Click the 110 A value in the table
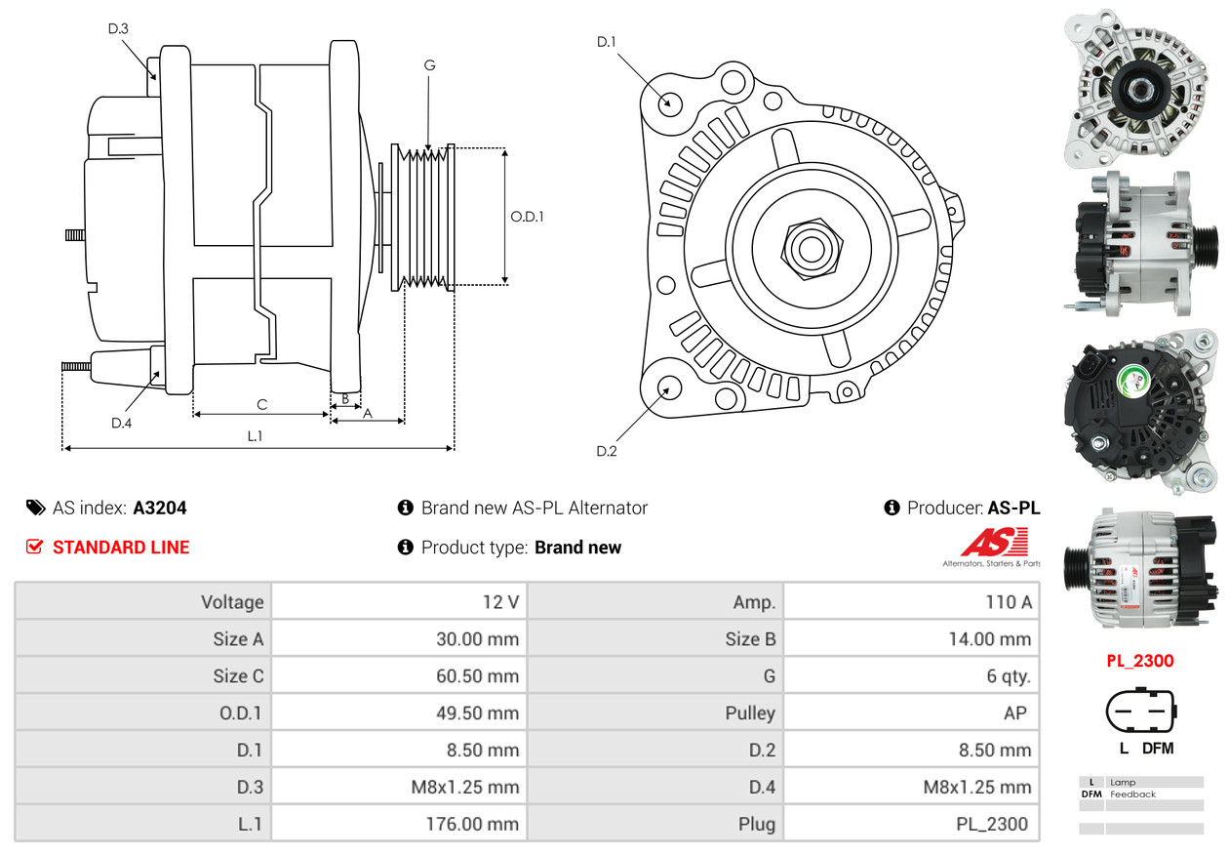tap(1008, 602)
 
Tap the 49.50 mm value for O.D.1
tap(477, 713)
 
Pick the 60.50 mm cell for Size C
tap(477, 676)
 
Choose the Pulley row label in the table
tap(750, 713)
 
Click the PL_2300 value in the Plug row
tap(991, 824)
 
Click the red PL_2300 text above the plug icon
tap(1139, 661)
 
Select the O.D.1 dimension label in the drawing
tap(527, 217)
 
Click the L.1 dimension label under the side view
tap(254, 436)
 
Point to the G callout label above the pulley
tap(429, 65)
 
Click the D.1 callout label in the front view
tap(607, 41)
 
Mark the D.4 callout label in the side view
tap(121, 423)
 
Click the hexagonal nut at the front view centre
tap(809, 248)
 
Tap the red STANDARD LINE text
tap(121, 548)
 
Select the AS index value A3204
tap(160, 508)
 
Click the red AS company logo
tap(994, 543)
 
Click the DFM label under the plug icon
tap(1158, 749)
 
